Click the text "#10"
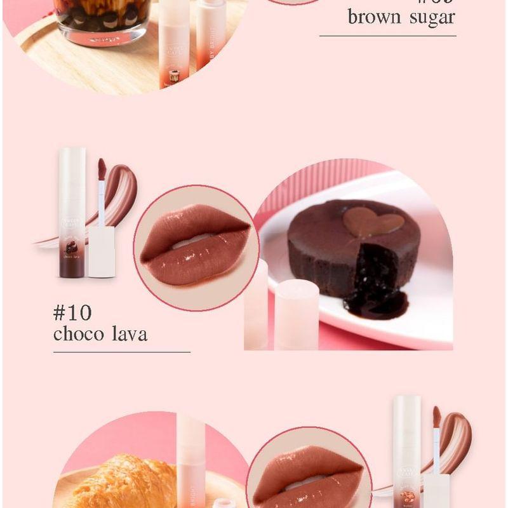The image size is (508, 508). click(72, 313)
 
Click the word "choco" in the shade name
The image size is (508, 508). click(79, 334)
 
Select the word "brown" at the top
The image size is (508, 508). click(374, 17)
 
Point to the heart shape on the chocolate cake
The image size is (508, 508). click(373, 222)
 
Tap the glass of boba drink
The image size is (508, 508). click(102, 19)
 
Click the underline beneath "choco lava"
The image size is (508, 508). click(121, 351)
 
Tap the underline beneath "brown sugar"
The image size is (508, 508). click(387, 36)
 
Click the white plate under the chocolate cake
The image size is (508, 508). click(432, 317)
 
